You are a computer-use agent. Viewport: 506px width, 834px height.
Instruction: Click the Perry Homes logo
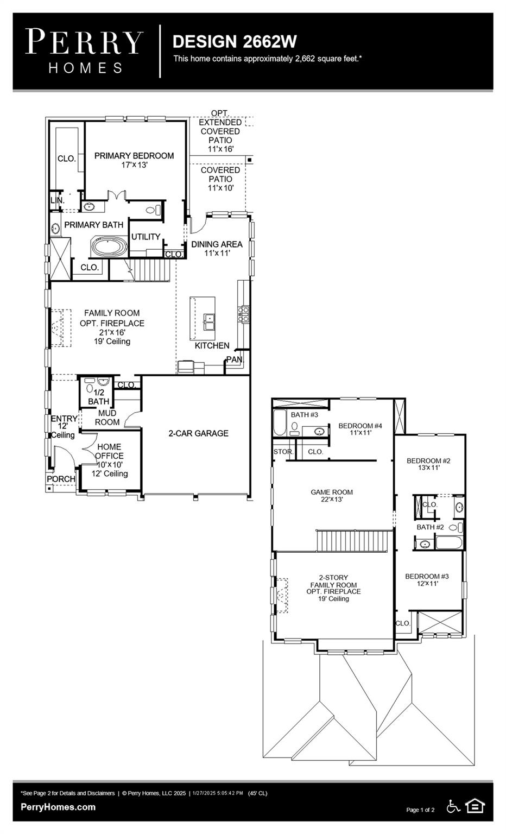pos(84,51)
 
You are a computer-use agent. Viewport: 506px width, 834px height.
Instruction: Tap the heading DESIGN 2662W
pos(235,41)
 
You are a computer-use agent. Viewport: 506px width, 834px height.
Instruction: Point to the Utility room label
pos(146,237)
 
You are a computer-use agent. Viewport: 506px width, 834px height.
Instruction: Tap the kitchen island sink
pos(209,321)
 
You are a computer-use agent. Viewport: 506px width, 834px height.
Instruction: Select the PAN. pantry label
pos(235,359)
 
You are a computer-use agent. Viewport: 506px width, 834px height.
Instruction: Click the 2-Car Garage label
pos(198,433)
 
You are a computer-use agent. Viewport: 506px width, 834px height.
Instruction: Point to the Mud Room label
pos(107,418)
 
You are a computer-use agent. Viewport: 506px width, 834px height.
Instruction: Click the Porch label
pos(61,479)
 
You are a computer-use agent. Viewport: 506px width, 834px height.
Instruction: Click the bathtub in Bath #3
pos(279,424)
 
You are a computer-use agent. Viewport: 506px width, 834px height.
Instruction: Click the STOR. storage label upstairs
pos(283,452)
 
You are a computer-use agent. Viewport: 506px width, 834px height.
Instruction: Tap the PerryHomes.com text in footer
pos(58,807)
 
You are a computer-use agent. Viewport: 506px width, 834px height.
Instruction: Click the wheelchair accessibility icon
pos(453,807)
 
